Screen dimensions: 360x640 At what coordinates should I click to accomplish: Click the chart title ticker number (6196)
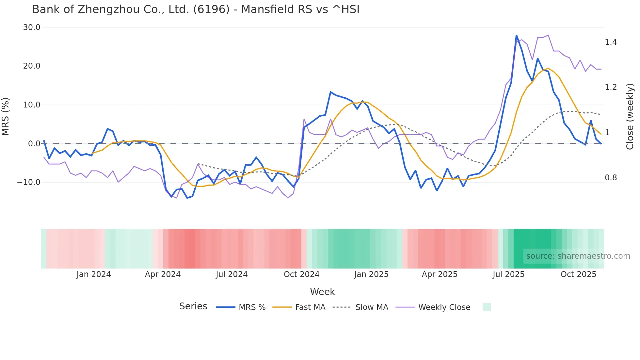tap(211, 9)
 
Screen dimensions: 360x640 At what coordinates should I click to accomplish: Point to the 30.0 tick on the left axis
tap(32, 27)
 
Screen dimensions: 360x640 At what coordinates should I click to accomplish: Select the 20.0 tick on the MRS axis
tap(32, 66)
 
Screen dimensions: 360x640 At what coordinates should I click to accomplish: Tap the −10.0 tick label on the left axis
tap(29, 182)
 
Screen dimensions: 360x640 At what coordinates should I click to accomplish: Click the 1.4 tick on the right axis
tap(611, 42)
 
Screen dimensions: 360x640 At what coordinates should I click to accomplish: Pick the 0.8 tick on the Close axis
tap(611, 178)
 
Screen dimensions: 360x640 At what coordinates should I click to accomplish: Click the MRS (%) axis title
tap(6, 117)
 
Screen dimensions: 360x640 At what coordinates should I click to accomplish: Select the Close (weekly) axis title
tap(630, 117)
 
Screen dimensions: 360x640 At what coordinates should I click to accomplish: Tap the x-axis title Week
tap(322, 292)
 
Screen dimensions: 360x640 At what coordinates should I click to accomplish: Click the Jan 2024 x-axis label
tap(94, 274)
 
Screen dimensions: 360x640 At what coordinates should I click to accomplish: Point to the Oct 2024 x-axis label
tap(301, 274)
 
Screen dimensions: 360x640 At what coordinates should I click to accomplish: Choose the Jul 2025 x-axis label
tap(508, 274)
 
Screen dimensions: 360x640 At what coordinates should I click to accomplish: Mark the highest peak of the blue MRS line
tap(516, 36)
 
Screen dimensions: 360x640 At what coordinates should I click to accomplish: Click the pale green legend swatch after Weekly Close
tap(487, 307)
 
